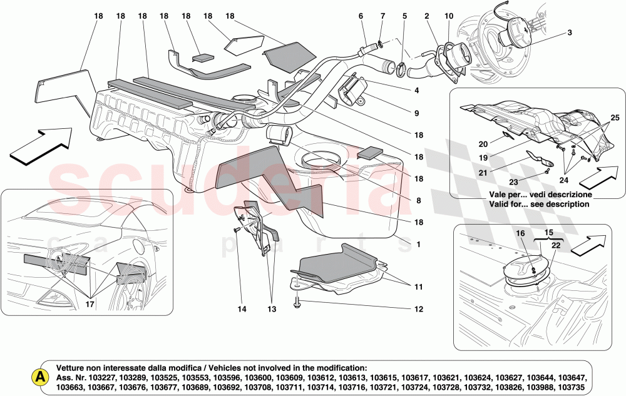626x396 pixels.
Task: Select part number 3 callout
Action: pos(570,33)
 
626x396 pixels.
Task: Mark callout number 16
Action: pos(520,233)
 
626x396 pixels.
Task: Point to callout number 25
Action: pos(615,118)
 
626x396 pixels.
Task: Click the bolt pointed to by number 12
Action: pos(297,306)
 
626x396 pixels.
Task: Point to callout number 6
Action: pos(361,16)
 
